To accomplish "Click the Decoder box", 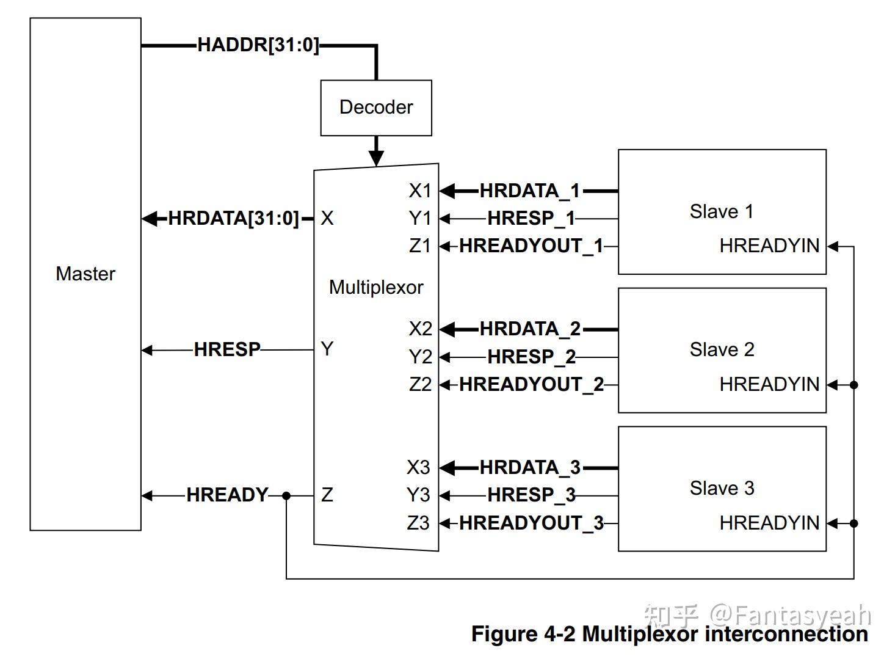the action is tap(376, 108).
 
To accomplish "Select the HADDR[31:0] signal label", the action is tap(258, 45).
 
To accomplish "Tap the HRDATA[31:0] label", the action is tap(233, 218).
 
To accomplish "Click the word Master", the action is tap(85, 274).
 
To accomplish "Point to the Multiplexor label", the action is tap(376, 288).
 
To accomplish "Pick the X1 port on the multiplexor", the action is tap(420, 191).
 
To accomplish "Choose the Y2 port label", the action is tap(420, 357).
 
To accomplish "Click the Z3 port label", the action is tap(418, 523).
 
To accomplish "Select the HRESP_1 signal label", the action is tap(531, 219).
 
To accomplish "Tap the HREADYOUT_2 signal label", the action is tap(531, 385).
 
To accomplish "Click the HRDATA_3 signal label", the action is tap(530, 467).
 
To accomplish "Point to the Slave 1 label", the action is tap(722, 211).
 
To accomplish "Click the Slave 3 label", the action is tap(722, 488).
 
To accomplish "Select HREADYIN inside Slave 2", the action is tap(769, 385).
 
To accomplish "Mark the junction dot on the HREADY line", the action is tap(286, 496).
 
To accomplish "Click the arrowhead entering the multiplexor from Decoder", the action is tap(376, 158).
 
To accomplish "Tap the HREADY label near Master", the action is tap(227, 495).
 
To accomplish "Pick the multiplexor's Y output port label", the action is tap(327, 349).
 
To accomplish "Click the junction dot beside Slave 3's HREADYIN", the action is tap(854, 523).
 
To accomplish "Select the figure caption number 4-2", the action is tap(559, 634).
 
